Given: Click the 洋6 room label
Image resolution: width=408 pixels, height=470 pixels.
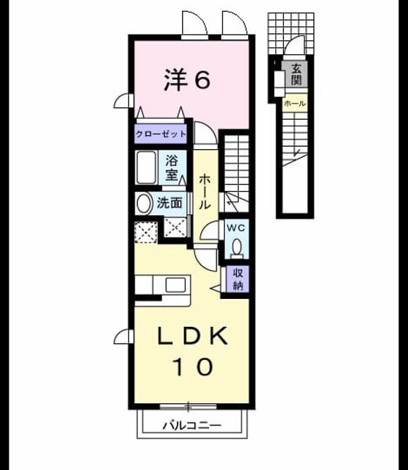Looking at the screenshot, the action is (x=187, y=80).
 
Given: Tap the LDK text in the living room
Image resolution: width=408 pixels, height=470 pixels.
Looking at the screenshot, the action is (x=192, y=336).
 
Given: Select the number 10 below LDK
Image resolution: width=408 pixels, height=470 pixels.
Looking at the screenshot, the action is (x=193, y=366).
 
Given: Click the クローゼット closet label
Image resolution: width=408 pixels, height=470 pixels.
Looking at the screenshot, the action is (x=161, y=134).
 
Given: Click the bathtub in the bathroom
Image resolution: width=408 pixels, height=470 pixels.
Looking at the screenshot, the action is (x=147, y=167).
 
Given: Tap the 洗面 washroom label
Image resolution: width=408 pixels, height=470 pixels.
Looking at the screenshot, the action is (x=170, y=203).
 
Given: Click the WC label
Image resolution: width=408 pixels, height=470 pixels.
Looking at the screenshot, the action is (x=236, y=228).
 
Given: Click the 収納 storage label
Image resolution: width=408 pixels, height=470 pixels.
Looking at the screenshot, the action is (x=238, y=279).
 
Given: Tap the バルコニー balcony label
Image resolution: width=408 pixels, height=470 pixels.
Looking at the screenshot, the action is (x=192, y=425).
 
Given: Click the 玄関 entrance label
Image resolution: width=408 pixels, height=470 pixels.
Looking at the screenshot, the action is (x=296, y=74).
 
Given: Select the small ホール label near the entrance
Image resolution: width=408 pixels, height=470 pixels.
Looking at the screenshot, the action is (x=295, y=104).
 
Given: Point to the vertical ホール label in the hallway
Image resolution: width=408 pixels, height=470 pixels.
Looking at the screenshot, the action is (x=205, y=191).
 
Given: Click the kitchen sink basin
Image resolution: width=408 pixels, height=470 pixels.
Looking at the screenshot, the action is (x=175, y=285).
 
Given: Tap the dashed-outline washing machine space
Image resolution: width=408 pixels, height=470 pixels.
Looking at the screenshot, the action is (x=146, y=232).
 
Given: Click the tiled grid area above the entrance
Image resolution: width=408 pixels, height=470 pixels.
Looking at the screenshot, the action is (x=291, y=34).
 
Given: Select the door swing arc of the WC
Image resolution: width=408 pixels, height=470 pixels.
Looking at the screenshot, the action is (x=209, y=230).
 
